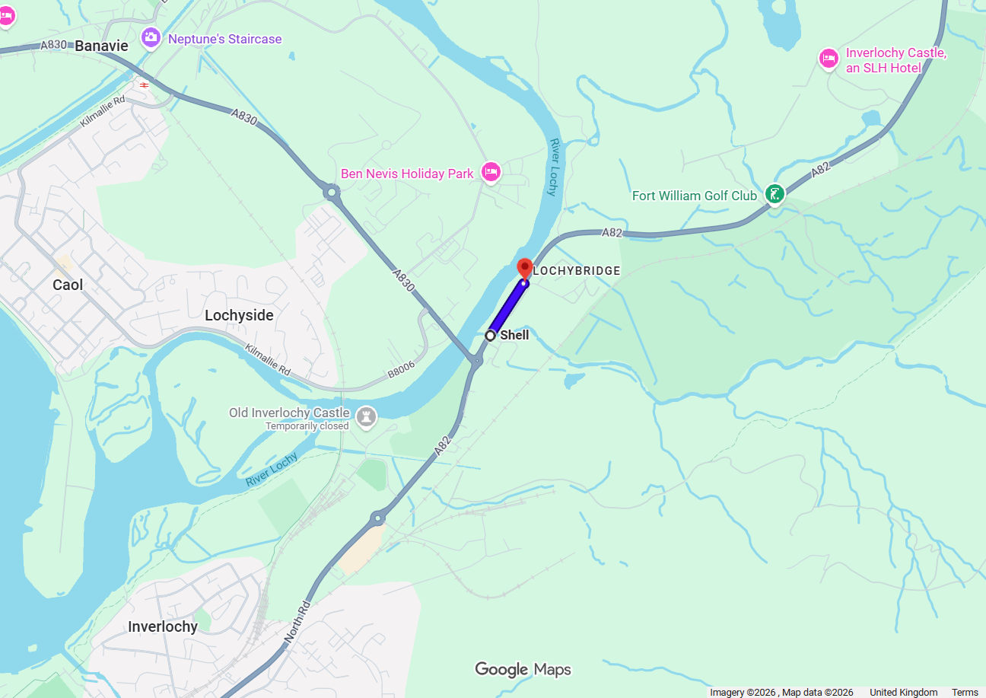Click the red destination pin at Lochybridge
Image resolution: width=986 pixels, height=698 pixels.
(x=524, y=269)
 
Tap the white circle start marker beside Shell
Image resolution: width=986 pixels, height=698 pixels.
(x=491, y=335)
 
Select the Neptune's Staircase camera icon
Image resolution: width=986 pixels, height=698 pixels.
(x=151, y=37)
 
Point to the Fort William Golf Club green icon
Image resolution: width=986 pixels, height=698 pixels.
(x=774, y=195)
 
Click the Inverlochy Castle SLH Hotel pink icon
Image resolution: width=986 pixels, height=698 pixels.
(x=829, y=59)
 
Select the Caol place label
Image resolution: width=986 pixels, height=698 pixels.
(x=68, y=285)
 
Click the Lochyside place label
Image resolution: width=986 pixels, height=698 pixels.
(x=239, y=315)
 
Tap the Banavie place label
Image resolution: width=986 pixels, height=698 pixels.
(x=100, y=46)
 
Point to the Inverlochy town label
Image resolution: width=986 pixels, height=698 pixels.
(x=163, y=626)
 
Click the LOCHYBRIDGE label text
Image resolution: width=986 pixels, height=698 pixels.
(x=577, y=271)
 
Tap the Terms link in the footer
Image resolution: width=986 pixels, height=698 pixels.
(x=965, y=692)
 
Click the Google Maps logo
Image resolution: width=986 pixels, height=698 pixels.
(x=523, y=669)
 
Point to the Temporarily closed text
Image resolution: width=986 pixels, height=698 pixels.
(x=307, y=426)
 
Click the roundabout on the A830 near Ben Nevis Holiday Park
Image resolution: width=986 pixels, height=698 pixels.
(x=331, y=192)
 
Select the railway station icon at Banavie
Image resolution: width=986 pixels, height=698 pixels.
(x=144, y=84)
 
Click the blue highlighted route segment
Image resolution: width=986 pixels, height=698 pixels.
(x=507, y=308)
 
